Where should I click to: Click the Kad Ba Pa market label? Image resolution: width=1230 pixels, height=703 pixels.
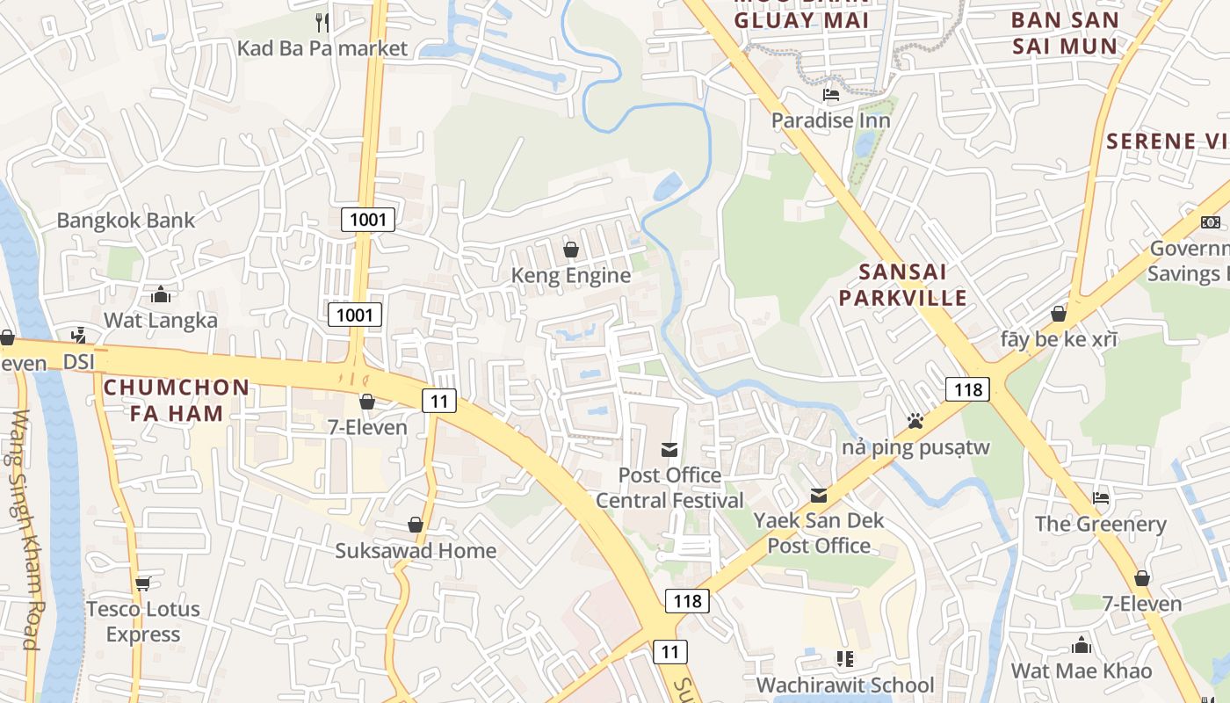(x=322, y=47)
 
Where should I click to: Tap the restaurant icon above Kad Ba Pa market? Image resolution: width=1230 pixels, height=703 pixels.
(x=322, y=21)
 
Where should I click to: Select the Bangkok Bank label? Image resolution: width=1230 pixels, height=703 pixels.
(x=126, y=220)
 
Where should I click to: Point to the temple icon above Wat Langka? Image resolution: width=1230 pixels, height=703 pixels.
(x=161, y=294)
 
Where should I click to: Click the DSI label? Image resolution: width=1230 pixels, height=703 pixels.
(x=85, y=361)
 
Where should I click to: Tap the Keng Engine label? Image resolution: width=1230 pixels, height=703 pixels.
(x=571, y=275)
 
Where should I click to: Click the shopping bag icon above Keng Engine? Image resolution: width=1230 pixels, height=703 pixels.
(x=571, y=250)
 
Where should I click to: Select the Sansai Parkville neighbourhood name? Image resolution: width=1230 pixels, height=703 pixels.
(x=902, y=284)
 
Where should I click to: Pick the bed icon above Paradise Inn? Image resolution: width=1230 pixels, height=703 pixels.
(x=831, y=95)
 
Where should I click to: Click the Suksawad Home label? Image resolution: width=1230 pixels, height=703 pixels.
(x=416, y=551)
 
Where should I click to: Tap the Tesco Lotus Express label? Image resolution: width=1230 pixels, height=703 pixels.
(x=143, y=621)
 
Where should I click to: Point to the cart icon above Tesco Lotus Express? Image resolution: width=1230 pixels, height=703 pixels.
(x=143, y=583)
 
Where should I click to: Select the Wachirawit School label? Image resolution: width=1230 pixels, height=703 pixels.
(x=845, y=685)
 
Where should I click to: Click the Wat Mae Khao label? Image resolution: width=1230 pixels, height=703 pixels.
(x=1081, y=670)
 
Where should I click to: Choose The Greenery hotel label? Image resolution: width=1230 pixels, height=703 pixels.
(x=1100, y=524)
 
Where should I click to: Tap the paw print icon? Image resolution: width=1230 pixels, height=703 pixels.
(x=915, y=421)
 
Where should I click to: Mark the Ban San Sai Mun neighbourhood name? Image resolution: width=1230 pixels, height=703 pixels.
(x=1065, y=33)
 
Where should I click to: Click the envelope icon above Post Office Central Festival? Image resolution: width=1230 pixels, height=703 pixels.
(x=669, y=450)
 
